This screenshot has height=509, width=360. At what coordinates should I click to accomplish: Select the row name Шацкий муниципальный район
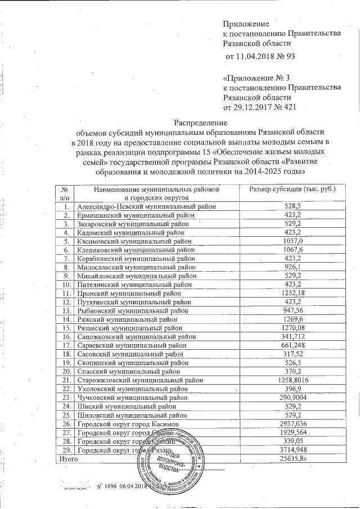click(x=122, y=406)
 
